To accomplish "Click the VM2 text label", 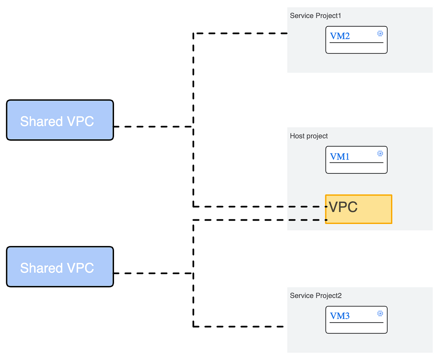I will click(340, 36).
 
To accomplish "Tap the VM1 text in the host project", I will click(340, 157).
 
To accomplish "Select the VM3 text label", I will click(340, 316).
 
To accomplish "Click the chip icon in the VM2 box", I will click(380, 34).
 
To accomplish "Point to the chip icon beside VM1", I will click(380, 154).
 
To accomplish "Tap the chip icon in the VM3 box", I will click(380, 313).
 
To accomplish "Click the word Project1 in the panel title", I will click(329, 16).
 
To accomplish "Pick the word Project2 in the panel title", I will click(329, 295).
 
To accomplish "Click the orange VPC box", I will click(359, 209).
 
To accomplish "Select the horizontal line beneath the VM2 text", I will click(356, 43).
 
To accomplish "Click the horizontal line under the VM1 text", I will click(356, 162).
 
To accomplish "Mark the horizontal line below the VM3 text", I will click(356, 323).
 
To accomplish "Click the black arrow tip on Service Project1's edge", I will click(286, 33).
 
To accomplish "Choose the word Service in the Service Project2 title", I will click(301, 295).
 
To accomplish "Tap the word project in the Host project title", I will click(318, 136).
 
